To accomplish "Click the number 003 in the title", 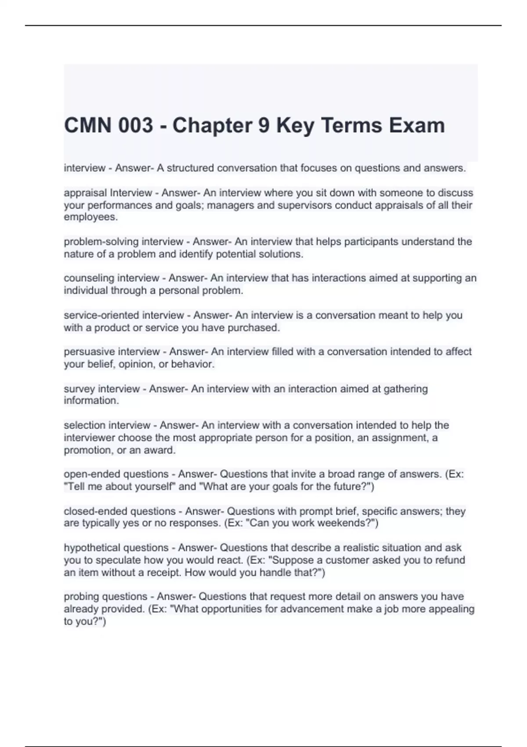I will [136, 126].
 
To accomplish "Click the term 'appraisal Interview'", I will [108, 193].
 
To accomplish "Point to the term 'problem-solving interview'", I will [123, 242].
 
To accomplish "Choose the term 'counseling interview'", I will [112, 278].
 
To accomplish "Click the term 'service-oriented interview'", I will [124, 315].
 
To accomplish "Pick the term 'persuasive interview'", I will [112, 352].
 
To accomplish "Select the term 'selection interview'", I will [107, 425].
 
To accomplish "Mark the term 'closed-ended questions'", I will [120, 511].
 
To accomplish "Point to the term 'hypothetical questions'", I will [116, 548].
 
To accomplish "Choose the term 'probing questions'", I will [105, 596].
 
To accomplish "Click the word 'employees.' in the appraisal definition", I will [91, 217].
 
